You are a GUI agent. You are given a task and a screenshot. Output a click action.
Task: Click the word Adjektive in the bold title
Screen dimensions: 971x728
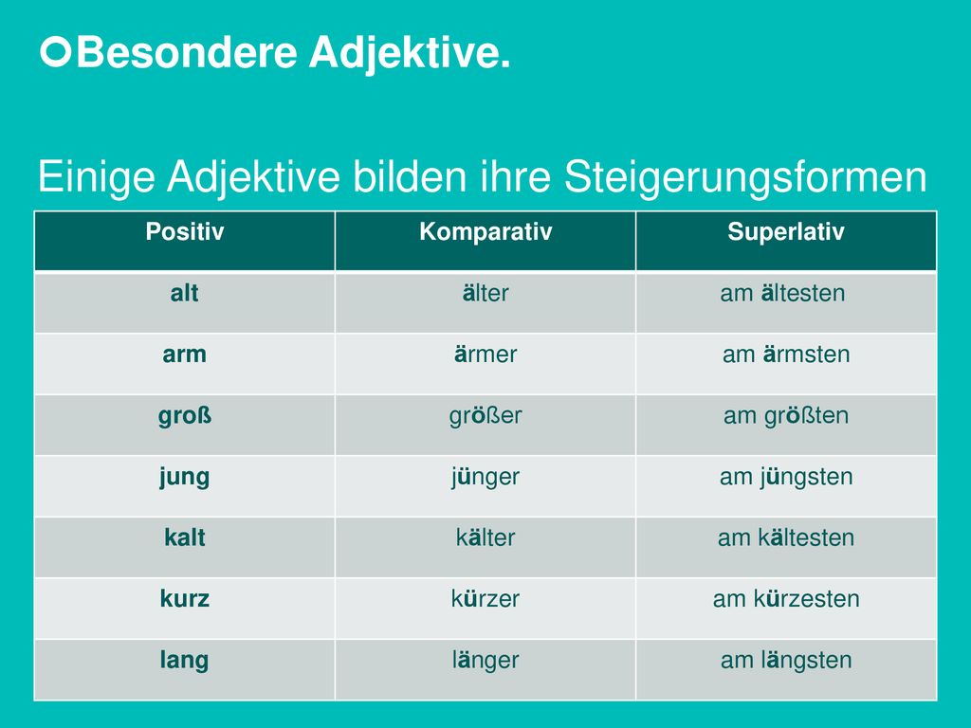410,53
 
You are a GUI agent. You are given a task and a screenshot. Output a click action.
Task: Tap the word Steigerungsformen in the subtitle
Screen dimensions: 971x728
745,178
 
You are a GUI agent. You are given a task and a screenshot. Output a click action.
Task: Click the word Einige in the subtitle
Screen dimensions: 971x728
96,178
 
